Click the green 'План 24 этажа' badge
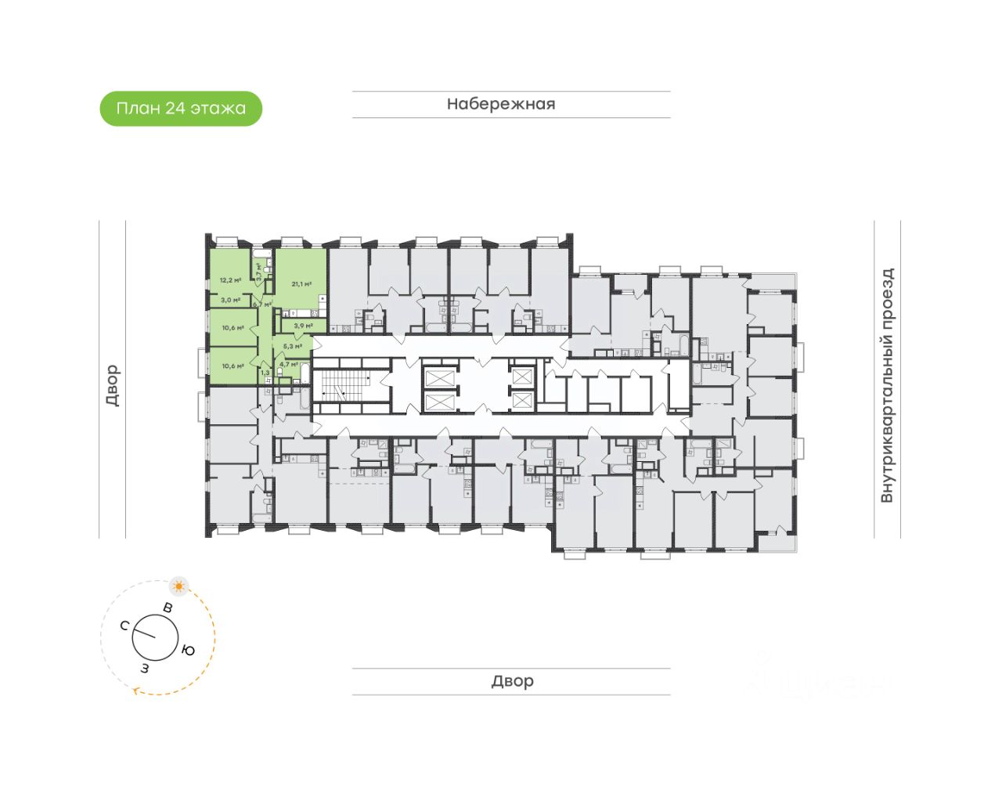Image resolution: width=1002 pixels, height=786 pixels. coord(181,109)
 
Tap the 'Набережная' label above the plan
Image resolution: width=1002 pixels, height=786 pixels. coord(501,104)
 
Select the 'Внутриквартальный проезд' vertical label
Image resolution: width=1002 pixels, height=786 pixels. coord(887,385)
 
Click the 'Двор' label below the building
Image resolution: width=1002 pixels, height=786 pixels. coord(512,681)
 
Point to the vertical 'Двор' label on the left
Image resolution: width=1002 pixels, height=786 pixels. coord(113,385)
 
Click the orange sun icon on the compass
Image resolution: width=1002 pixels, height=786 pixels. coord(179,586)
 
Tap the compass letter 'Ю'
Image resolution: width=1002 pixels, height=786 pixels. coord(188,650)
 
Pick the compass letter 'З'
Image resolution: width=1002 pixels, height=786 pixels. coord(144,668)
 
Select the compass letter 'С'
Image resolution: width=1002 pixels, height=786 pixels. coord(124,626)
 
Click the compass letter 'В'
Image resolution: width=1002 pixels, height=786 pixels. coord(168,608)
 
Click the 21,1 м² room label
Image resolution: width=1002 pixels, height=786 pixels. coord(301,284)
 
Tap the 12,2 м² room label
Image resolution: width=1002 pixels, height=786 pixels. coord(230,279)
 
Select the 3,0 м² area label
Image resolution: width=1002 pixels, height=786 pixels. coord(230,300)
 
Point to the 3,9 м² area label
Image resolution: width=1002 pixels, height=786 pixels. coord(303,326)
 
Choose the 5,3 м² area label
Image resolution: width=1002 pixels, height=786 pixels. coord(292,345)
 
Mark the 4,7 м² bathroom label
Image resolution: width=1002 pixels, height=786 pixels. coord(288,364)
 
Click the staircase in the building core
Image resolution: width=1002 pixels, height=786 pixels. coord(345,384)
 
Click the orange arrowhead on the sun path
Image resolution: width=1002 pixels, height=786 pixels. coord(138,690)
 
